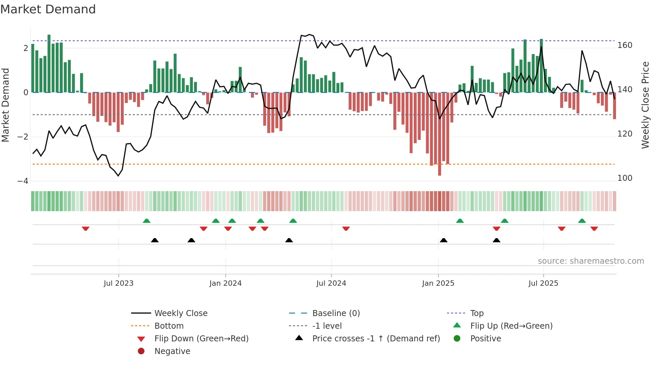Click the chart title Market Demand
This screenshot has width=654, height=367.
point(48,9)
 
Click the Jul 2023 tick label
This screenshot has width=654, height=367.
point(118,283)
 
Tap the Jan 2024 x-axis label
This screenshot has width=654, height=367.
point(226,283)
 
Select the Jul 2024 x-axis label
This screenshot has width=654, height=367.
point(331,283)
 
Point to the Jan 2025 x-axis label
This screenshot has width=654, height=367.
point(438,283)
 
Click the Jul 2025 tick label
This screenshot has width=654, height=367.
point(543,283)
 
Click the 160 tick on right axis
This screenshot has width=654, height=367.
point(625,45)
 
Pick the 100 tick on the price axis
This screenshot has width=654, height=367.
point(625,178)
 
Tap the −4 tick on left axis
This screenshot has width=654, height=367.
point(23,181)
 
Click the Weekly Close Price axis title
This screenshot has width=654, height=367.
point(645,105)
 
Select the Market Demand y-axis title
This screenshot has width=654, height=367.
point(6,105)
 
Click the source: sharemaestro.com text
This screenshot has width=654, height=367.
point(591,261)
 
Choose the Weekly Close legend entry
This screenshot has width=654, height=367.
point(181,313)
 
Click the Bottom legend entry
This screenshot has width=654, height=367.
point(169,326)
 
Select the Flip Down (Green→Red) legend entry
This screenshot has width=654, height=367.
point(201,339)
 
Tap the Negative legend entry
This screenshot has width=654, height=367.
point(172,351)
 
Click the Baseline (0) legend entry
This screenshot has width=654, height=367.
point(336,313)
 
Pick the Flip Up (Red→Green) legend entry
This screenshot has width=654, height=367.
point(511,326)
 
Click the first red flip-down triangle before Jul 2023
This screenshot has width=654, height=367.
point(85,228)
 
